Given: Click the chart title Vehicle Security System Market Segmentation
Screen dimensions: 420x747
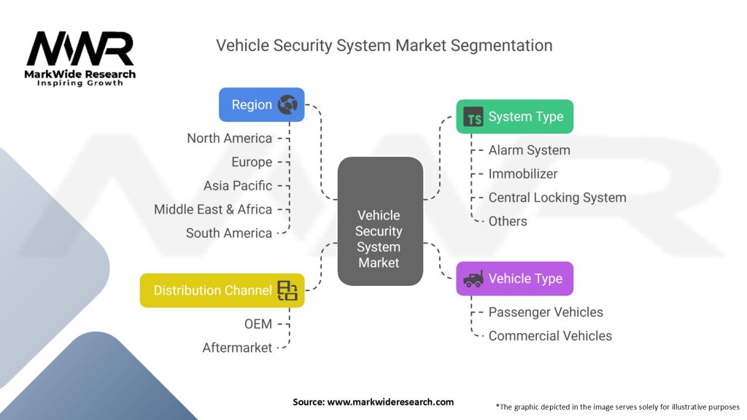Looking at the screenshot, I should pyautogui.click(x=384, y=45).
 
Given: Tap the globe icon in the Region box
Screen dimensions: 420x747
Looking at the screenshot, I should pyautogui.click(x=287, y=105).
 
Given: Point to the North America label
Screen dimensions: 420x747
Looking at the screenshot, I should pyautogui.click(x=229, y=139).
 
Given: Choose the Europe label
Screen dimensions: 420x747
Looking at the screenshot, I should pyautogui.click(x=252, y=162).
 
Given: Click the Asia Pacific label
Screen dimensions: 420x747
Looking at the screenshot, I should pyautogui.click(x=238, y=186).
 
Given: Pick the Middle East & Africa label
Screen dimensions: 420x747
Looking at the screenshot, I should pyautogui.click(x=213, y=209).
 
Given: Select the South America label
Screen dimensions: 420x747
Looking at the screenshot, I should pyautogui.click(x=228, y=233).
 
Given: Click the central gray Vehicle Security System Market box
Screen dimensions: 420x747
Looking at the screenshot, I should pyautogui.click(x=379, y=222).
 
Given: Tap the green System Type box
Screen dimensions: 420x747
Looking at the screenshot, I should pyautogui.click(x=514, y=117).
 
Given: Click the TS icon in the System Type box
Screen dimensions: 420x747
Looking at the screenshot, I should pyautogui.click(x=474, y=117).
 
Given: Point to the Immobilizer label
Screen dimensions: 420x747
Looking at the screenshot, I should pyautogui.click(x=522, y=174).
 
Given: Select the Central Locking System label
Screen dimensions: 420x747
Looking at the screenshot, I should pyautogui.click(x=557, y=198).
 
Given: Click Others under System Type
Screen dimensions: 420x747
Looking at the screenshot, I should pyautogui.click(x=507, y=221).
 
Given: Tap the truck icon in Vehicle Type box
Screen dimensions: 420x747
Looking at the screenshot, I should pyautogui.click(x=473, y=279).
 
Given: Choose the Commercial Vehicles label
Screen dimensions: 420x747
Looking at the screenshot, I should pyautogui.click(x=550, y=336).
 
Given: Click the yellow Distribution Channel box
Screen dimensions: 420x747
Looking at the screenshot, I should pyautogui.click(x=222, y=290).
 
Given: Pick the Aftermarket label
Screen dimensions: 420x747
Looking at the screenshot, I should pyautogui.click(x=237, y=348).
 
